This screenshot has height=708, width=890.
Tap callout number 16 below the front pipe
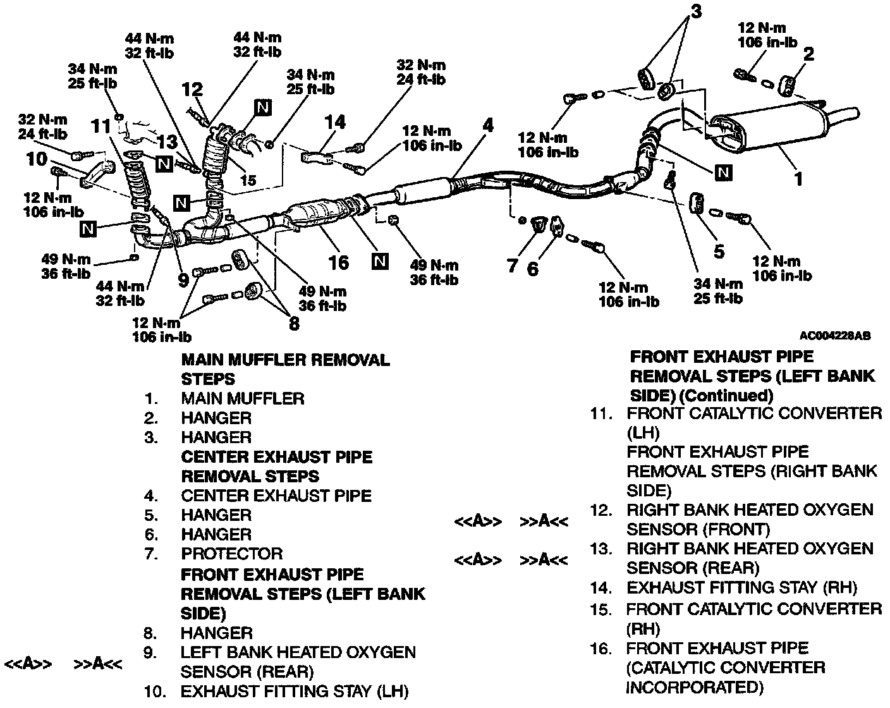tap(339, 262)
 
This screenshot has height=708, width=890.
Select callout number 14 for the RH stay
tap(334, 122)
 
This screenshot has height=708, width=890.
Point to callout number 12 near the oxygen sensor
tap(192, 89)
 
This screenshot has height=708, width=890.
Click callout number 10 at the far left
tap(37, 159)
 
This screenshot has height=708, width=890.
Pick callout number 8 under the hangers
tap(294, 324)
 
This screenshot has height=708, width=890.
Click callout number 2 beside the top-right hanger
tap(808, 54)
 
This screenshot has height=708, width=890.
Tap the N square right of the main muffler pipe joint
tap(724, 171)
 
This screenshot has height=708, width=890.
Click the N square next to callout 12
tap(262, 107)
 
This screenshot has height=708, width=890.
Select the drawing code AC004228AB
tap(834, 336)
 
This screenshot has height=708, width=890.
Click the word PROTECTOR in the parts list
tap(231, 554)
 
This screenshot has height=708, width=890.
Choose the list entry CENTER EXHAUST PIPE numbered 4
tap(276, 496)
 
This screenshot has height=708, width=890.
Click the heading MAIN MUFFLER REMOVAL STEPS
tap(285, 369)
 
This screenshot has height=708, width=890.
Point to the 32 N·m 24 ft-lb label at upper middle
tap(421, 72)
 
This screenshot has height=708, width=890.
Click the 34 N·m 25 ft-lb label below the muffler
tap(718, 291)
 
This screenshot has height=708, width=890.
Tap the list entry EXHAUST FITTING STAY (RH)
tap(741, 587)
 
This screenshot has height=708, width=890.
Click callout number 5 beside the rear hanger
tap(719, 251)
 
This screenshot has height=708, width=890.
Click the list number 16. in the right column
tap(601, 649)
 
